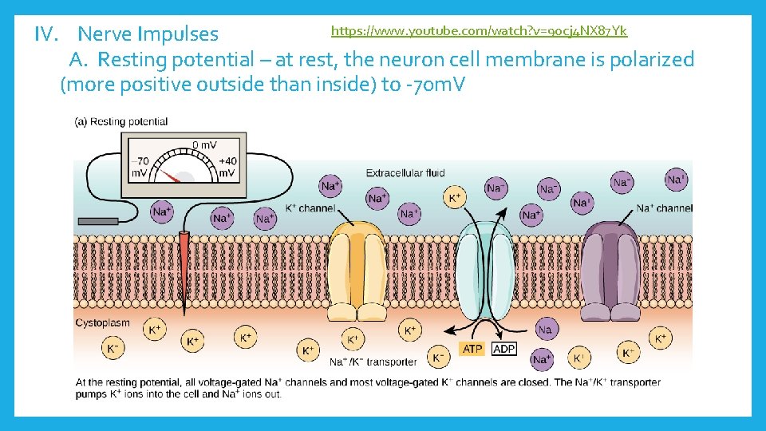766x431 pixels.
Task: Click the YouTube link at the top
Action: pos(479,31)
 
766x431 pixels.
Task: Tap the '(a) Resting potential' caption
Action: pos(121,122)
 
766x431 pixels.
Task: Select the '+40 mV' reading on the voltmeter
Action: pos(227,167)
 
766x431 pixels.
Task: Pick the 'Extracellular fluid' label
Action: pos(405,172)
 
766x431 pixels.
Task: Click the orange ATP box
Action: pos(472,349)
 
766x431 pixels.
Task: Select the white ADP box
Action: pos(504,349)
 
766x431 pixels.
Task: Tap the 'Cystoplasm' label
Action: pos(102,323)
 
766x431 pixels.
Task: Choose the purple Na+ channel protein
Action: pos(610,267)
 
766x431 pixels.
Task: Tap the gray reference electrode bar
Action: pos(97,220)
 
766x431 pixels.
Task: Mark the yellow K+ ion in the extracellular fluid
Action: pos(455,197)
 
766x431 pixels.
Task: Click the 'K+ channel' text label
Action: pos(310,208)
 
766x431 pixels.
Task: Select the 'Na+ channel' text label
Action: pos(664,208)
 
